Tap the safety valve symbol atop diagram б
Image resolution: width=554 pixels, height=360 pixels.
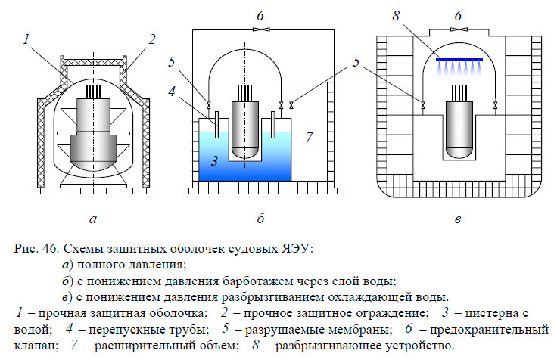260,28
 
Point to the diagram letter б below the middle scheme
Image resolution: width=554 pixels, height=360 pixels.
260,220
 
